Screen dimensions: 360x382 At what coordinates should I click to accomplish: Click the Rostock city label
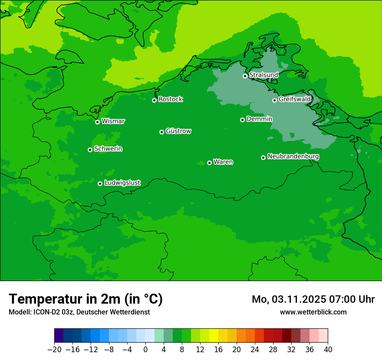pos(170,99)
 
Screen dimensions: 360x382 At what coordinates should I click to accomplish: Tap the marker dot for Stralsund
pos(245,76)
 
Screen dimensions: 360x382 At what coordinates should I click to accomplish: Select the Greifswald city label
pos(294,99)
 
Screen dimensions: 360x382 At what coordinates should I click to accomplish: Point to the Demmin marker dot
pos(242,120)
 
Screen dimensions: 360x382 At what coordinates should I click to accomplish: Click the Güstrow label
pos(178,131)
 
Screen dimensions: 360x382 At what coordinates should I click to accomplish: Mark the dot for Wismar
pos(98,122)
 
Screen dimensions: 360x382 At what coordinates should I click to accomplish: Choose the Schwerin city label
pos(108,149)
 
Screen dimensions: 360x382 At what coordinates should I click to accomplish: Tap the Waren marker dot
pos(209,163)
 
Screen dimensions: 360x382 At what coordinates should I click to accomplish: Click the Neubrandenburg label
pos(293,157)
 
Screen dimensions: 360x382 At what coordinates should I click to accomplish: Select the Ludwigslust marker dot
pos(100,183)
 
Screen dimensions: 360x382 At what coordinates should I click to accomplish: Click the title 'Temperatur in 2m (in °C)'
pos(86,299)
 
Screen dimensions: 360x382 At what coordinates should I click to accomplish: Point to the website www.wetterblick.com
pos(313,312)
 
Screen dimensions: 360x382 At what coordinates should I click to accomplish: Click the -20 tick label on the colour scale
pos(54,350)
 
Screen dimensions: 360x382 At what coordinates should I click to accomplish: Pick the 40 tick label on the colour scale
pos(328,350)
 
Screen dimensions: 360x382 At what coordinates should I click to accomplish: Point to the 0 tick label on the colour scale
pos(145,350)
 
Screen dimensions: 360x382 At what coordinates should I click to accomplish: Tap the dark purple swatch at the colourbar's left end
pos(59,336)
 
